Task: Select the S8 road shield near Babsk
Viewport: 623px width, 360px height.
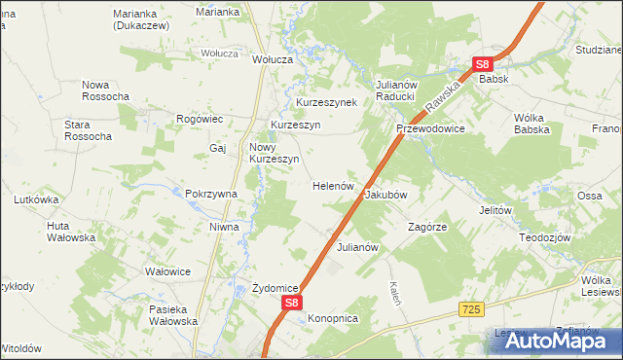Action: point(484,65)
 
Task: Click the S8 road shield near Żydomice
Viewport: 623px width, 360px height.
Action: point(291,305)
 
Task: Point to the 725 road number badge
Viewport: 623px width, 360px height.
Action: point(471,308)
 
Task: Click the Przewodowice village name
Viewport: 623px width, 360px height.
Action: point(429,128)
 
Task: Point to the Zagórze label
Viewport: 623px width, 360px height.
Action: point(426,227)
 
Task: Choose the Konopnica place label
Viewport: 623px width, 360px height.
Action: point(333,318)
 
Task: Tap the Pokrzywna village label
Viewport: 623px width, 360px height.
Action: point(211,194)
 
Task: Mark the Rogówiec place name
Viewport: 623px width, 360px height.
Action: point(201,119)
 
